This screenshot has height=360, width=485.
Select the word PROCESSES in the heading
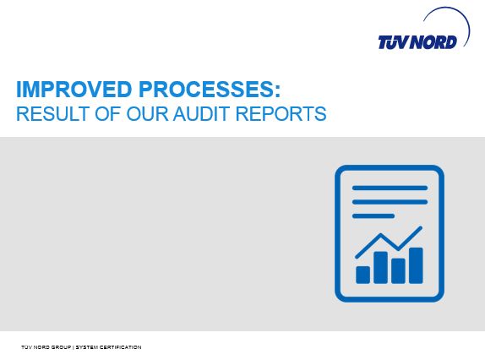205,89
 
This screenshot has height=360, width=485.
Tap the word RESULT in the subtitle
53,113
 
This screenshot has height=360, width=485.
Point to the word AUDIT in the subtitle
202,113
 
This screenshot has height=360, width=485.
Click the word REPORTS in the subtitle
281,113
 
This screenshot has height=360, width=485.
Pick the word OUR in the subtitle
147,113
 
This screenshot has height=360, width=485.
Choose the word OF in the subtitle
107,113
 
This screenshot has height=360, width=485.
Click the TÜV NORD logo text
417,42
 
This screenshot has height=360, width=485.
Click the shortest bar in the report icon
362,275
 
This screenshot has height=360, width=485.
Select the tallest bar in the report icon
416,265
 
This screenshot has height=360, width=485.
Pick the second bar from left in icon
380,267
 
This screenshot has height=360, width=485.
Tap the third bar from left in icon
399,271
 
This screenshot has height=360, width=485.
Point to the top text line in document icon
390,188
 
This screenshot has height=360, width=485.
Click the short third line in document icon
373,215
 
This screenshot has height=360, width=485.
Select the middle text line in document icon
390,202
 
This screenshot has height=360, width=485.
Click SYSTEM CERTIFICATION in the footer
108,347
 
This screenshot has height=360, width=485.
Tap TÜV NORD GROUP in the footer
46,347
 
